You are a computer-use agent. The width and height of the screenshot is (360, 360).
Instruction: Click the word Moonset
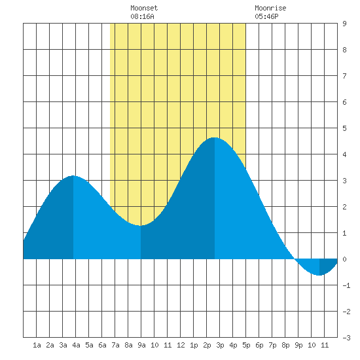point(144,8)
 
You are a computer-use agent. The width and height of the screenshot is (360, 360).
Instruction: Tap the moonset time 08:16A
point(142,16)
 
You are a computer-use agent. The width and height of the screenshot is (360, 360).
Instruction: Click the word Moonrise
point(270,8)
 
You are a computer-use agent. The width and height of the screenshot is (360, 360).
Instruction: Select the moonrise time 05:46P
point(266,16)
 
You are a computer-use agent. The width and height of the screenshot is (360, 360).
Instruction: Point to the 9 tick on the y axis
point(344,24)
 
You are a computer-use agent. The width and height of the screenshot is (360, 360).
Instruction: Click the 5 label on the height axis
point(344,128)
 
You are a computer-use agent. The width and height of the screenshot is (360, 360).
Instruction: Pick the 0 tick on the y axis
point(344,259)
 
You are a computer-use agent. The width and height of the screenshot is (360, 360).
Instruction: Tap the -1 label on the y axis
point(346,285)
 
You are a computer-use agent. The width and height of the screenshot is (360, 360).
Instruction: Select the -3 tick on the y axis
point(346,338)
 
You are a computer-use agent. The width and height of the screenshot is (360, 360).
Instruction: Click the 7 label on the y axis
point(344,76)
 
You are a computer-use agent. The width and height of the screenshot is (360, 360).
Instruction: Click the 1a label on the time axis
point(37,345)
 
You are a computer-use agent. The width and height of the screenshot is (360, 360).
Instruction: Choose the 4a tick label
point(76,345)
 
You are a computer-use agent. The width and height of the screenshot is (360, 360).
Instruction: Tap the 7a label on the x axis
point(115,345)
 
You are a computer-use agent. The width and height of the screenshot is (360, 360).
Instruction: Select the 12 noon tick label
point(181,345)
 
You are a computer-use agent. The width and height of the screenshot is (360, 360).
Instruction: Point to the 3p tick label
point(220,345)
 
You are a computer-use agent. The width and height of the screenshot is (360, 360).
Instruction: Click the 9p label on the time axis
point(298,345)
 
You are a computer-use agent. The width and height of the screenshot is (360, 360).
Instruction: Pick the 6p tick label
point(259,345)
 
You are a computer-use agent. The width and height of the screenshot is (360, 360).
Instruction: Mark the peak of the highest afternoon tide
point(215,137)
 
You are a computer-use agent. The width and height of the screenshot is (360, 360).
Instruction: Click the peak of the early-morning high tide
point(73,175)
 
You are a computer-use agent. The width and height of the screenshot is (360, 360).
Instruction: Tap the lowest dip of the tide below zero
point(319,275)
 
